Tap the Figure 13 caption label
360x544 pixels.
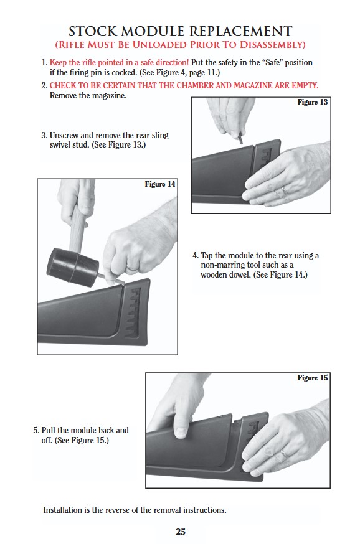(312, 102)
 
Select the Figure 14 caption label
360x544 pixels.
(159, 184)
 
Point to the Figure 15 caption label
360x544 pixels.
(312, 378)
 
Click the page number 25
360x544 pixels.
(181, 532)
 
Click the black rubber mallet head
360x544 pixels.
(72, 267)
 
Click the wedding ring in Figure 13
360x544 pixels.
(284, 190)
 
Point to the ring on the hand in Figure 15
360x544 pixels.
(283, 453)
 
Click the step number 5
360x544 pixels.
(36, 431)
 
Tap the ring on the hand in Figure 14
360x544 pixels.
(131, 268)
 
